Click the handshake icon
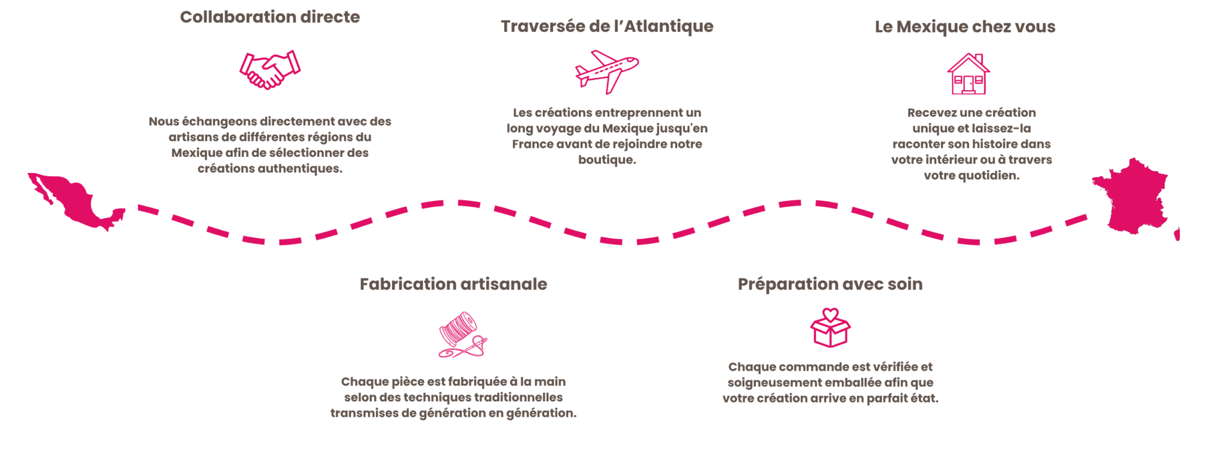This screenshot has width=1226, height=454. (270, 70)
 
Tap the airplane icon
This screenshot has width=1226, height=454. (607, 72)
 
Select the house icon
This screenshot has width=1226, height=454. (968, 74)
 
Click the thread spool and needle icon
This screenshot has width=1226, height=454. (463, 335)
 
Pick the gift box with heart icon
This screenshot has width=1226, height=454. (830, 328)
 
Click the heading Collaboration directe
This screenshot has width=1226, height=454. (270, 17)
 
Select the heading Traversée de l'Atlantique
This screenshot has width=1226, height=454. (607, 26)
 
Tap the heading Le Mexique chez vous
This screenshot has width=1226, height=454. (965, 27)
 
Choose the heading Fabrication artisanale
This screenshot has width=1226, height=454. (453, 284)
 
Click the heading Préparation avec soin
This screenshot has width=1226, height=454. (830, 284)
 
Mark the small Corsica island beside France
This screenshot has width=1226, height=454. (1177, 234)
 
